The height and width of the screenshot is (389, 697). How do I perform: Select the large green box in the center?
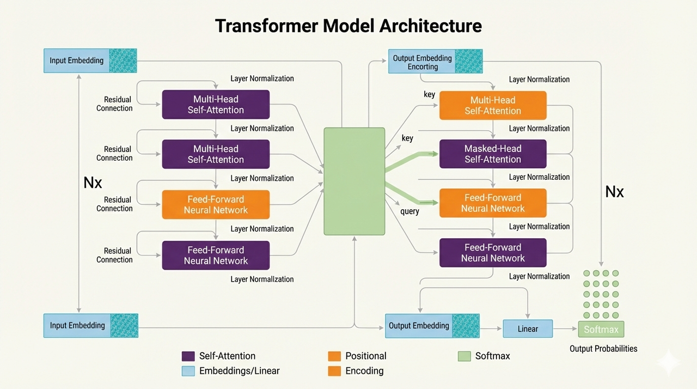(x=354, y=181)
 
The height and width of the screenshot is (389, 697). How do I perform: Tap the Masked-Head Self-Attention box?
(x=492, y=154)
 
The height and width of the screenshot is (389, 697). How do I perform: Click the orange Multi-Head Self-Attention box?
(x=492, y=105)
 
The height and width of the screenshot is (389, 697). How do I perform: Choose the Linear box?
(x=527, y=329)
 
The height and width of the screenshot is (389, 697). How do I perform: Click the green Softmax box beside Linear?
(x=601, y=330)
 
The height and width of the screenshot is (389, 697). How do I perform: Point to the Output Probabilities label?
(x=603, y=349)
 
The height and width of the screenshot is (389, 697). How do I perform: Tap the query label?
(x=409, y=211)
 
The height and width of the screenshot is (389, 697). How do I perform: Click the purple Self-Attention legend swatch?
(x=188, y=356)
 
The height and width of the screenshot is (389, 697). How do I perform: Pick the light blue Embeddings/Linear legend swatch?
(x=188, y=371)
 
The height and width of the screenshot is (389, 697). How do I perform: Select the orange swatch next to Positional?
(x=334, y=356)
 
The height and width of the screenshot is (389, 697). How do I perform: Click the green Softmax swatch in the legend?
(x=464, y=356)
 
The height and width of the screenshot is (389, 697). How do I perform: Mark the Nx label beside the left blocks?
(x=93, y=183)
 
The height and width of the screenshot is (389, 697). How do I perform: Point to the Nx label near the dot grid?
(x=614, y=191)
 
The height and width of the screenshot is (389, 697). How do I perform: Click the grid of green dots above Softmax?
(x=601, y=294)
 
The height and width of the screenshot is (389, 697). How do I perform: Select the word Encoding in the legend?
(x=364, y=371)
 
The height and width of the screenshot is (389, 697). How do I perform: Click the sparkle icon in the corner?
(x=668, y=362)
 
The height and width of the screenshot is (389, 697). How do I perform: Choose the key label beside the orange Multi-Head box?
(x=429, y=95)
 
